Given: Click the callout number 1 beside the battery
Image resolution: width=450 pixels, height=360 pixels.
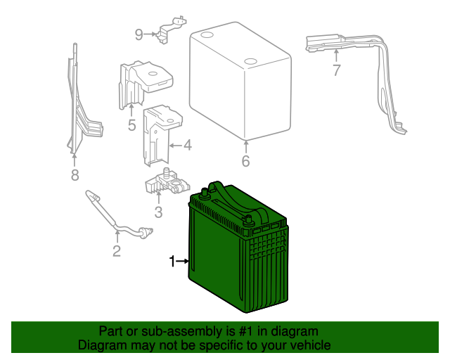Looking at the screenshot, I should coord(172,262).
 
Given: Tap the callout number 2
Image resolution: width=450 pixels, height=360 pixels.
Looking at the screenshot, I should coord(117,251).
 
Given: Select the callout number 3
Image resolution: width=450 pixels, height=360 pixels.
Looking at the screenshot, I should coord(158,212).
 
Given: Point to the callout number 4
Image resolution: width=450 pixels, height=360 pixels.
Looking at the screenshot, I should coord(187,146).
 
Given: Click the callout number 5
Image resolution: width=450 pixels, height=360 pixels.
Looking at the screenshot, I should coord(131,126).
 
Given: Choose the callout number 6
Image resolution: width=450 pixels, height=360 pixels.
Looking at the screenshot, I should coord(245,161).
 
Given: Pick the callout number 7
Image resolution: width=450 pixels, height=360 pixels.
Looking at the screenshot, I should coord(336,70).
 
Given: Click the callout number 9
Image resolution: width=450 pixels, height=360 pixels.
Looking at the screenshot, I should coord(139,34).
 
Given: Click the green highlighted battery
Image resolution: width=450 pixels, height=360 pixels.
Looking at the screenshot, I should coord(239,260).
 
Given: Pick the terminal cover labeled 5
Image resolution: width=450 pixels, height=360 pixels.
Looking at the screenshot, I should coord(144,81).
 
